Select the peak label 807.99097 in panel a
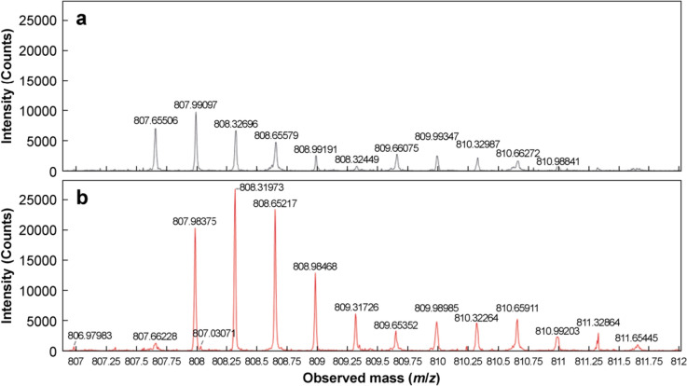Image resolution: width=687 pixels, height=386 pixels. [x=197, y=104]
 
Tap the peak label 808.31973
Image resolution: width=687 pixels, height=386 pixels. [x=265, y=187]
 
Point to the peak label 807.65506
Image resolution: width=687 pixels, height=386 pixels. [x=156, y=120]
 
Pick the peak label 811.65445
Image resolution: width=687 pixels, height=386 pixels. [x=639, y=338]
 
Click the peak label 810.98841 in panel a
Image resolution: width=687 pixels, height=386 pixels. [x=562, y=160]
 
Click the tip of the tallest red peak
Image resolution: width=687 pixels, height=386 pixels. [x=235, y=189]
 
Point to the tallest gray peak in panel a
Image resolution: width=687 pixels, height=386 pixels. [x=196, y=114]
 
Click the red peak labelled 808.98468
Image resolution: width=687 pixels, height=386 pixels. [x=315, y=274]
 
